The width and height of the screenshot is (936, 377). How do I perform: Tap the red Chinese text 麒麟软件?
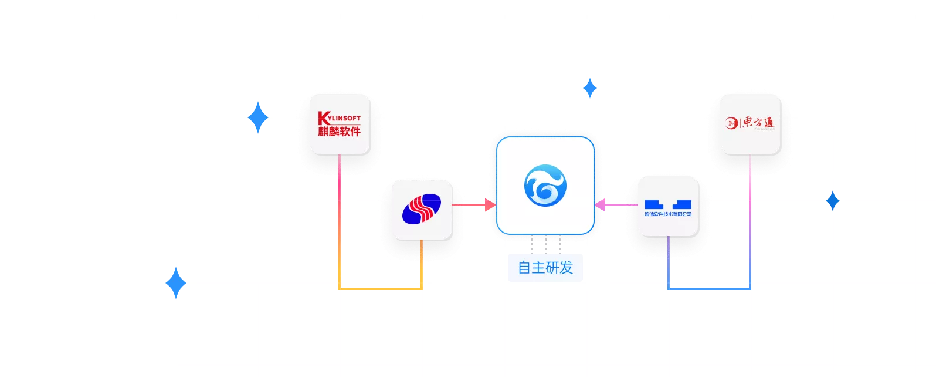pyautogui.click(x=339, y=132)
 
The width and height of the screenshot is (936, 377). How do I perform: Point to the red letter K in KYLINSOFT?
pyautogui.click(x=321, y=118)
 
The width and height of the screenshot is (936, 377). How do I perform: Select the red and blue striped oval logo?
pyautogui.click(x=421, y=209)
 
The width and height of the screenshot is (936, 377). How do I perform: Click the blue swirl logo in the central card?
pyautogui.click(x=545, y=186)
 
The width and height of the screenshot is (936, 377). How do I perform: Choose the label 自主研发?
pyautogui.click(x=545, y=268)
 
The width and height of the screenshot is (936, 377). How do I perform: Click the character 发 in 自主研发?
pyautogui.click(x=566, y=268)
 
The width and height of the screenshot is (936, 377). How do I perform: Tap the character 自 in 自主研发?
pyautogui.click(x=524, y=268)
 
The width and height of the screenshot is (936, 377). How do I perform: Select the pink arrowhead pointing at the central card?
pyautogui.click(x=600, y=205)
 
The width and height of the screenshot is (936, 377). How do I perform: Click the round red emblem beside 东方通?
pyautogui.click(x=731, y=123)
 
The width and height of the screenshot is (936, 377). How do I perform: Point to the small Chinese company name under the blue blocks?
pyautogui.click(x=667, y=214)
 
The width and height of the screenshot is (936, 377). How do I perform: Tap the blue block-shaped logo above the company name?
pyautogui.click(x=667, y=204)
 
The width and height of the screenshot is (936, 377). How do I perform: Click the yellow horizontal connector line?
pyautogui.click(x=380, y=288)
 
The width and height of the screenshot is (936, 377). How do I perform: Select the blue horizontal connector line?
pyautogui.click(x=708, y=288)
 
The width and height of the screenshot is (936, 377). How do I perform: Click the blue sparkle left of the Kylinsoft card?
pyautogui.click(x=257, y=117)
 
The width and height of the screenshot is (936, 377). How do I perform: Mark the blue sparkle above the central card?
pyautogui.click(x=590, y=89)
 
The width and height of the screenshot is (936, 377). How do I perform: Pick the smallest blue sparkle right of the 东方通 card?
pyautogui.click(x=832, y=201)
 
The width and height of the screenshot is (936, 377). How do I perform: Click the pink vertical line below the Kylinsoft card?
pyautogui.click(x=340, y=188)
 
